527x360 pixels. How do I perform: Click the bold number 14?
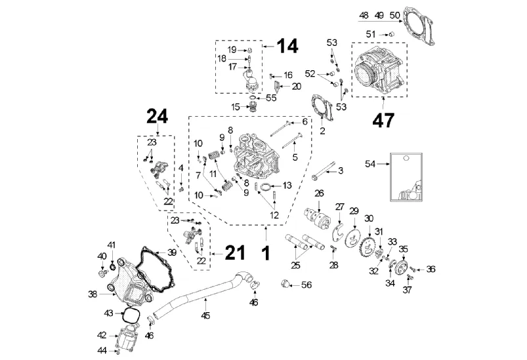click(287, 46)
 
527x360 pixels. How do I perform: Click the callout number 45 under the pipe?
click(205, 317)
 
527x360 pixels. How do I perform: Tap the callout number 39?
click(171, 252)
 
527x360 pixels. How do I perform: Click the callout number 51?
click(371, 34)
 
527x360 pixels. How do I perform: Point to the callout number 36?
click(431, 268)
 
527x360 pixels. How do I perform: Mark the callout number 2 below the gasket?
click(322, 130)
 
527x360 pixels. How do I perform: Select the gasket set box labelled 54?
click(405, 177)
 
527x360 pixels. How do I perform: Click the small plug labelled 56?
click(285, 283)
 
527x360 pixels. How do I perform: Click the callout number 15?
click(235, 106)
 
